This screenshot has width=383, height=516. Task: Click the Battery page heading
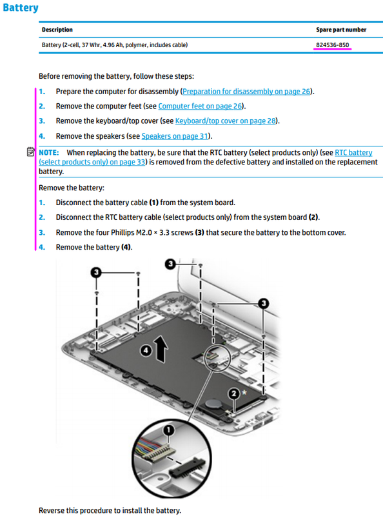[20, 8]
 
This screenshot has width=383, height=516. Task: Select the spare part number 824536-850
[333, 45]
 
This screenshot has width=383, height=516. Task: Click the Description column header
[57, 30]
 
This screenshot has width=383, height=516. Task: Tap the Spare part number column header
[340, 30]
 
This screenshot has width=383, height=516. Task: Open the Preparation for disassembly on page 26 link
[247, 92]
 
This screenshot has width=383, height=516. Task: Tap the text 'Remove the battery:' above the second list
[72, 188]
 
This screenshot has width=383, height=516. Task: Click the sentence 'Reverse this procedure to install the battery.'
[110, 510]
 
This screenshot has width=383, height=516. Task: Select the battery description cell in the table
[115, 45]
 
